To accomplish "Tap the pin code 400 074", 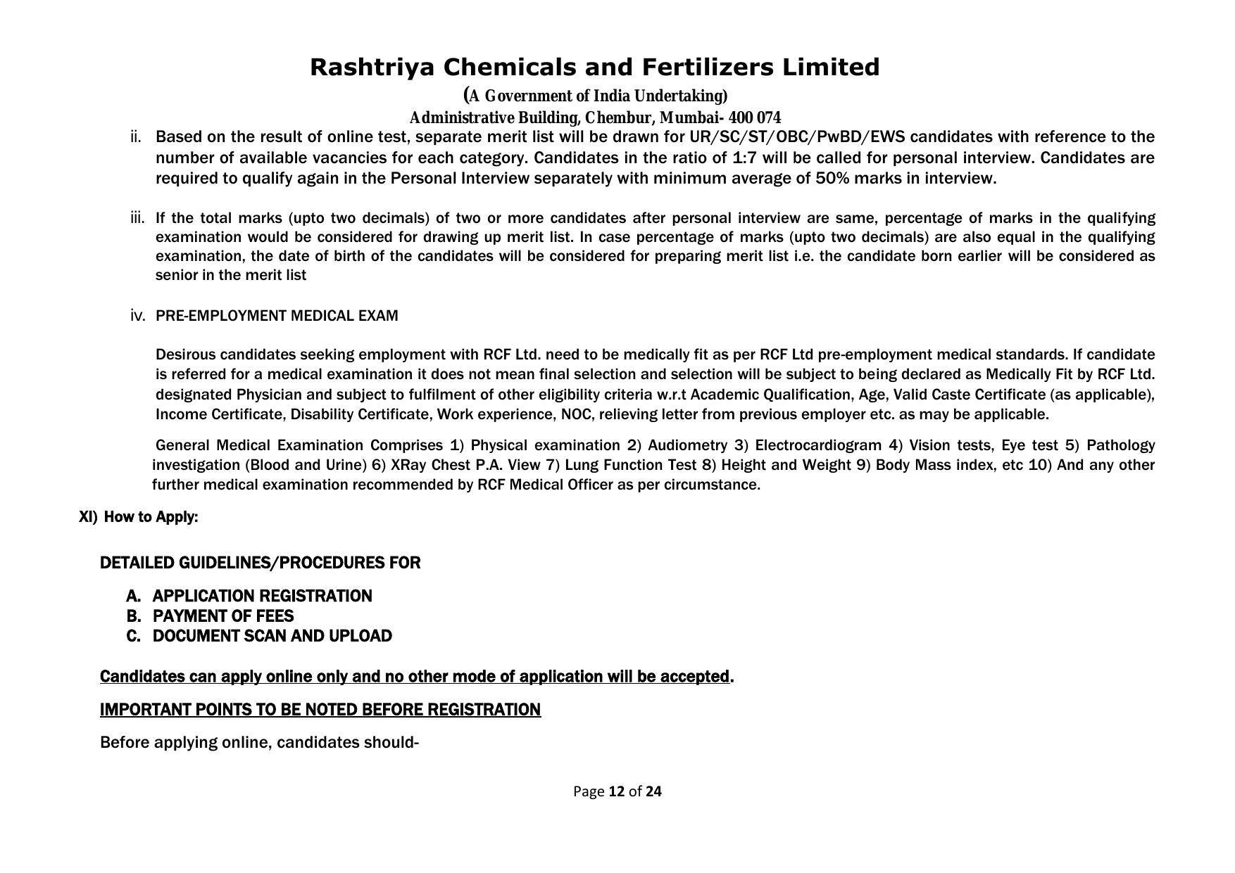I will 756,117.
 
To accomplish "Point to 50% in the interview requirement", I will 832,178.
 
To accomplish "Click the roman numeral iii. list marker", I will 137,218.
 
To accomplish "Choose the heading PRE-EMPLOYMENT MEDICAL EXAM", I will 277,316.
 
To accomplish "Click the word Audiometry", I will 687,445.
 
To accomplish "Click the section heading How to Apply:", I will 151,517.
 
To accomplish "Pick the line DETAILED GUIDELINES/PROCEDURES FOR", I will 260,563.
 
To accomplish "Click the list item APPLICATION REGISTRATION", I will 262,597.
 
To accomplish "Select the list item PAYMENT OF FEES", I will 223,616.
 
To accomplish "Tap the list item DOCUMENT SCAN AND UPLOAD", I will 272,636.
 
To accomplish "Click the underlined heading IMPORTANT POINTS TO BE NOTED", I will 320,710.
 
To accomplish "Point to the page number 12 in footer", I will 617,791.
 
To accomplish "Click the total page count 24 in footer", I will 653,791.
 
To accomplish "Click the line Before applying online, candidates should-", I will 259,743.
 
